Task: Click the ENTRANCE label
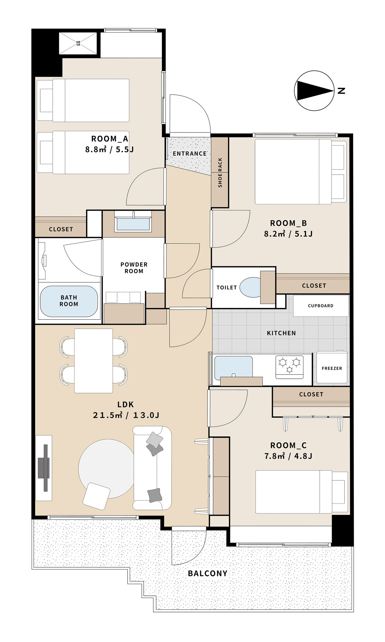[x=190, y=154]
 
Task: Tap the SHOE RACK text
[x=220, y=173]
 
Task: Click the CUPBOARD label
[x=321, y=306]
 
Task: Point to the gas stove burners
[x=289, y=367]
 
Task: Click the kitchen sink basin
[x=233, y=367]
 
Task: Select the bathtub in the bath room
[x=69, y=301]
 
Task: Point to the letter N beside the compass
[x=341, y=91]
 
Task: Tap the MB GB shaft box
[x=78, y=43]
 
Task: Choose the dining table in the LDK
[x=93, y=361]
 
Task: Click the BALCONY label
[x=208, y=574]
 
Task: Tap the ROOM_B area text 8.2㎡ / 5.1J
[x=288, y=234]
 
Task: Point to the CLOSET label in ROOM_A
[x=61, y=229]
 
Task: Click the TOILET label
[x=226, y=287]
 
